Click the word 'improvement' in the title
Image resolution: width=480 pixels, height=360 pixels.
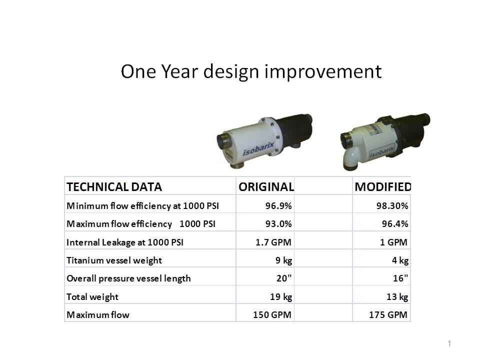tap(323, 71)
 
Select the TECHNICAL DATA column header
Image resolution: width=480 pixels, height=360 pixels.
tap(114, 186)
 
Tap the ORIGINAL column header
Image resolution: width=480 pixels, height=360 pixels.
tap(266, 186)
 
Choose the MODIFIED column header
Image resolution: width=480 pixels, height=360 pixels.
tap(382, 186)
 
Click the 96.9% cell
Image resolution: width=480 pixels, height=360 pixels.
tap(278, 205)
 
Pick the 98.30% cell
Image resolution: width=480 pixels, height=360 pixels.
tap(392, 205)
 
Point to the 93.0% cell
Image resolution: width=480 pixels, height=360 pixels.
tap(278, 224)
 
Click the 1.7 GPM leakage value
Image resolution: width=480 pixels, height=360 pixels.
tap(273, 242)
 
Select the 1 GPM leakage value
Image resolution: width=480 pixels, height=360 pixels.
tap(393, 242)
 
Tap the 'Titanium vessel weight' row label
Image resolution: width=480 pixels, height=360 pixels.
tap(114, 260)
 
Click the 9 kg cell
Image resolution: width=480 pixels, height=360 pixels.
tap(284, 260)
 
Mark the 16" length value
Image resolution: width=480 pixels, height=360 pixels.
tap(400, 278)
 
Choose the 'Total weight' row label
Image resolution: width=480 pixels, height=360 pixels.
tap(92, 297)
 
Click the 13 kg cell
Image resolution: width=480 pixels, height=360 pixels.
tap(397, 297)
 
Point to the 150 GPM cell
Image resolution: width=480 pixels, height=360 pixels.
tap(272, 314)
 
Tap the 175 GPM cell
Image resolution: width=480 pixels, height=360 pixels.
tap(388, 314)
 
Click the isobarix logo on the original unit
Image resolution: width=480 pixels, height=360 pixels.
tap(258, 149)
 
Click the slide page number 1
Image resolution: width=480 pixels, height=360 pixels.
tap(449, 343)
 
